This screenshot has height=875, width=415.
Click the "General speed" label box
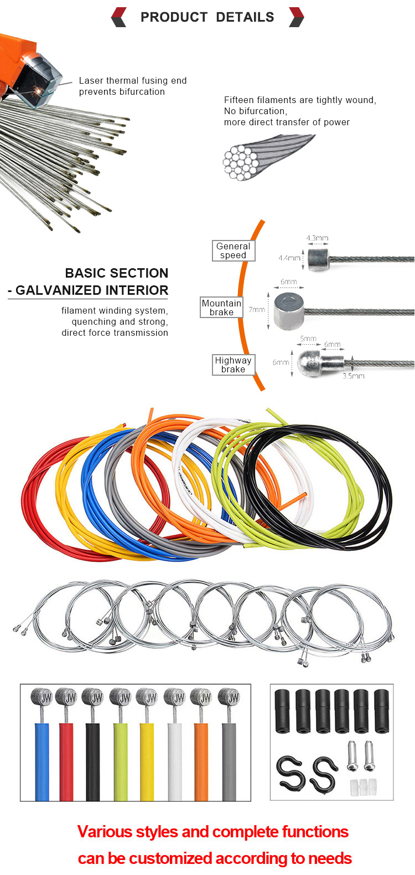[x=234, y=250]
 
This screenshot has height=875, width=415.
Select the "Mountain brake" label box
[x=221, y=308]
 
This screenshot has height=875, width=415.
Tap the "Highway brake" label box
[x=233, y=365]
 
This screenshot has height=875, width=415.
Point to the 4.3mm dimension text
[x=317, y=238]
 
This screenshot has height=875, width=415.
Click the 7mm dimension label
[x=257, y=309]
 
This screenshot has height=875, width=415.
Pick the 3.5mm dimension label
[x=354, y=376]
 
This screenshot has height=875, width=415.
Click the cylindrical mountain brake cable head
[x=288, y=311]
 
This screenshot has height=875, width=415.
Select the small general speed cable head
[x=319, y=259]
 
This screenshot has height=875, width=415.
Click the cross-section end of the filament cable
[x=237, y=163]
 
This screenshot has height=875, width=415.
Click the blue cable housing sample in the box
[x=42, y=761]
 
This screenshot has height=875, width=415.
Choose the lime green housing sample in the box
[x=121, y=761]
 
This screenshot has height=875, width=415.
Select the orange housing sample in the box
[x=201, y=761]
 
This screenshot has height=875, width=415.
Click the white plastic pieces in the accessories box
[x=363, y=786]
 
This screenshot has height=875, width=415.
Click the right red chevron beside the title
[x=297, y=17]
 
